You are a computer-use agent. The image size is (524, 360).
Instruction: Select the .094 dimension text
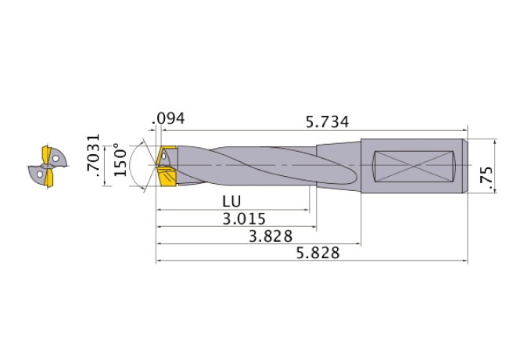tap(170, 119)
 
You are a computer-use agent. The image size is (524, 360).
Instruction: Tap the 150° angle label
tap(120, 160)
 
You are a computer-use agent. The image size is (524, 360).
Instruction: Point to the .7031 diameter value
tap(95, 159)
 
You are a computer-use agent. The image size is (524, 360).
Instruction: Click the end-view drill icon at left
tap(45, 166)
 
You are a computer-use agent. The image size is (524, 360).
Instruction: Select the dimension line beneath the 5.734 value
tap(313, 130)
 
